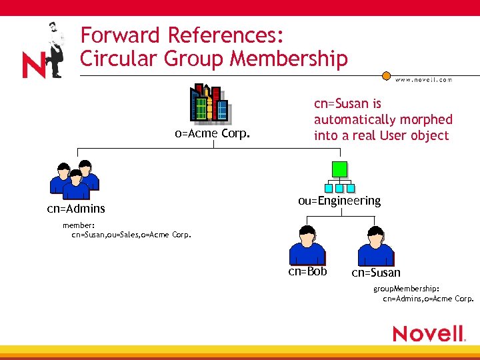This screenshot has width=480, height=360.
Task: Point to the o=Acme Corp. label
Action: point(212,133)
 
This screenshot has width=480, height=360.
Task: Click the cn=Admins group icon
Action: point(75,180)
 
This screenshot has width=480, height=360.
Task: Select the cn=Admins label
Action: point(75,209)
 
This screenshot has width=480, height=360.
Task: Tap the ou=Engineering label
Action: point(339,201)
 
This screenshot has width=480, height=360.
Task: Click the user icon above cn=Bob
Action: point(307,245)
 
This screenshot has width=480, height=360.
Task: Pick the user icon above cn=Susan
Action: point(375,246)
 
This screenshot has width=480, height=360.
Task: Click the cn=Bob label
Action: point(307,271)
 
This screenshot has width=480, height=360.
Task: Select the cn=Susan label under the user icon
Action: point(376,273)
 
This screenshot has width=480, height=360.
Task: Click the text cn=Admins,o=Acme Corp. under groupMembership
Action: point(428,299)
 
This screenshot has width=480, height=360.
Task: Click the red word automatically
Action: point(383,120)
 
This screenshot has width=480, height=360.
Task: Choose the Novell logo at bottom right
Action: point(428,333)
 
